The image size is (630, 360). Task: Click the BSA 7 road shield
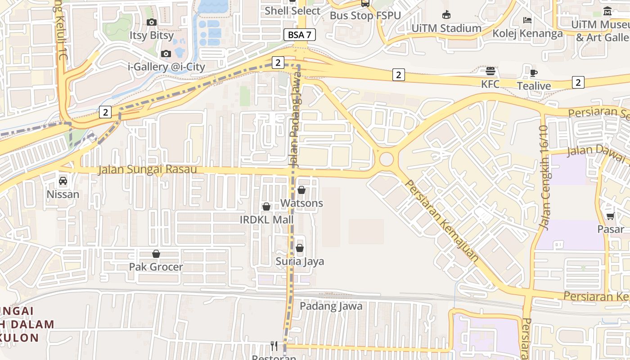click(299, 35)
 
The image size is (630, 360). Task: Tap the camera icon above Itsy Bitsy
click(152, 22)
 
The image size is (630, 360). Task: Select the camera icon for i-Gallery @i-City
click(166, 54)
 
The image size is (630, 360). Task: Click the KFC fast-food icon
click(490, 71)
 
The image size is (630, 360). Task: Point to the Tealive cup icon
click(534, 73)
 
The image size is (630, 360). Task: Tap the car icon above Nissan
click(63, 181)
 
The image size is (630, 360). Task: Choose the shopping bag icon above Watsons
click(301, 190)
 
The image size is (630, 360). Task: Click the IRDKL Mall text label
click(266, 220)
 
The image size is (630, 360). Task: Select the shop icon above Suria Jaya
click(300, 248)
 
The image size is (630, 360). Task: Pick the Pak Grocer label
click(156, 267)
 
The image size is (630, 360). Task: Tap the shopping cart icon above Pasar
click(610, 216)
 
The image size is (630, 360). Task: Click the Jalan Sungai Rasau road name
click(148, 170)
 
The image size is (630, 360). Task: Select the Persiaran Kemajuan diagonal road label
click(442, 221)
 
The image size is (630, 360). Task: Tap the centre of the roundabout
click(386, 159)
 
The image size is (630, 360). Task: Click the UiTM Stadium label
click(446, 28)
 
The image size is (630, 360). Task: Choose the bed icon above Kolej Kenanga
click(527, 20)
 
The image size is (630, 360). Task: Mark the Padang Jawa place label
click(331, 306)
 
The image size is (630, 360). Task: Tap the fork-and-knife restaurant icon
click(274, 346)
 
